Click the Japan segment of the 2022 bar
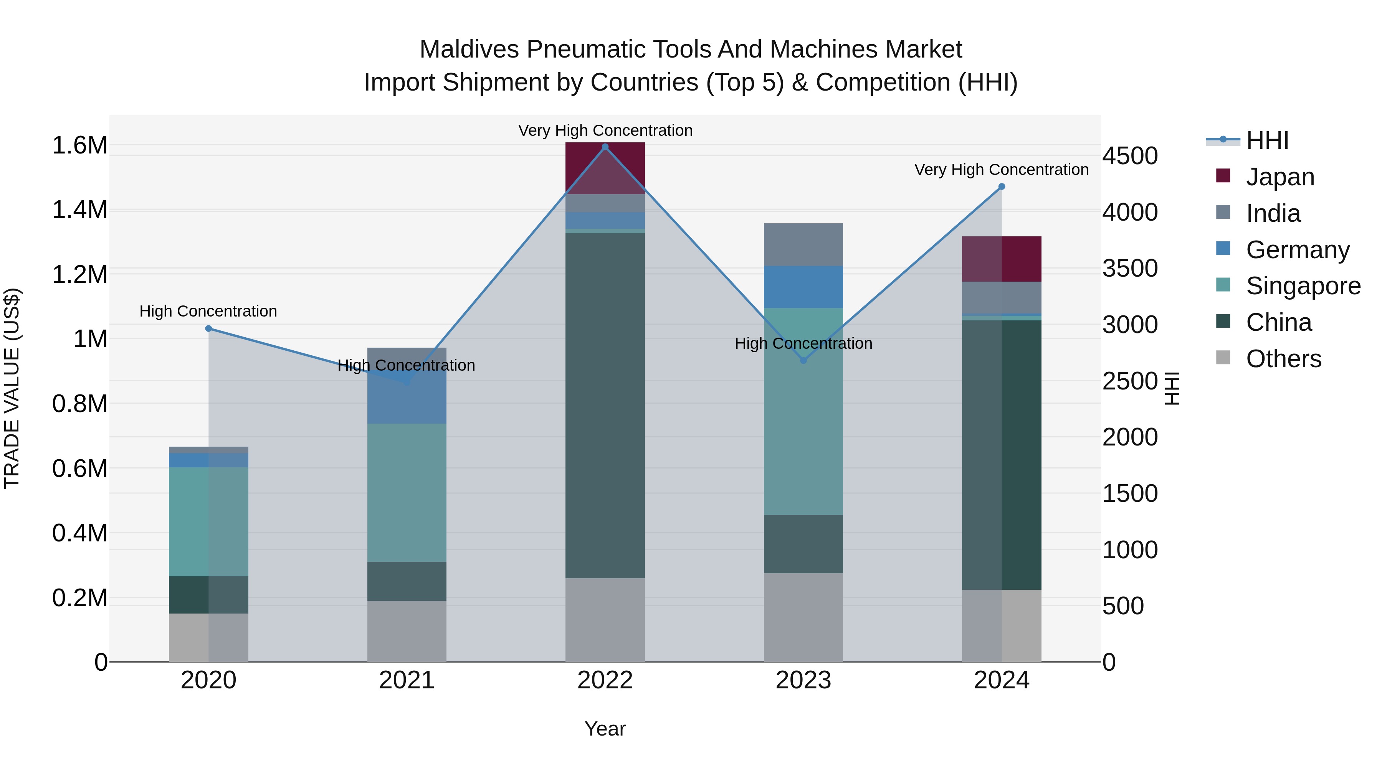[x=605, y=168]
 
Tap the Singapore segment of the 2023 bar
[x=803, y=411]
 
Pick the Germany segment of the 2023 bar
[x=803, y=287]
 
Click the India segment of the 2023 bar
[x=803, y=244]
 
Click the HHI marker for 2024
[x=1001, y=186]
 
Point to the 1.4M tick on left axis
[x=79, y=210]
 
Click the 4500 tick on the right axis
[x=1130, y=156]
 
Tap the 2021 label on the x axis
[x=406, y=680]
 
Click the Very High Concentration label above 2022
[x=605, y=130]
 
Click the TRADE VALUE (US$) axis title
[x=12, y=388]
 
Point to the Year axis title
[x=605, y=729]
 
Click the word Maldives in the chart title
[x=469, y=49]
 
